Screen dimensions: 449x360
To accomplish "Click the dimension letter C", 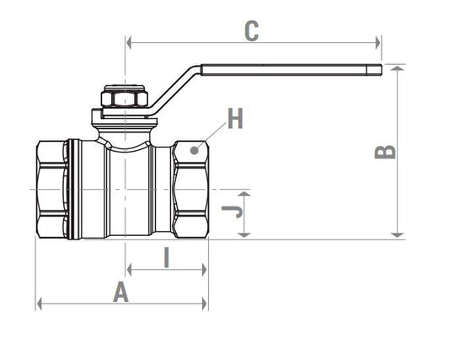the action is click(x=252, y=30).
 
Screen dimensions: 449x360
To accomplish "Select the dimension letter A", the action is click(x=120, y=292).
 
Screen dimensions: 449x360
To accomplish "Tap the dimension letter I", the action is click(x=166, y=258).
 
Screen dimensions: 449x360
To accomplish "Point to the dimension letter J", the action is click(x=233, y=212).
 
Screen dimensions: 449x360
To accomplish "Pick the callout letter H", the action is click(x=235, y=118).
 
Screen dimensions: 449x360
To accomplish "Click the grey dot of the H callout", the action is click(x=194, y=150).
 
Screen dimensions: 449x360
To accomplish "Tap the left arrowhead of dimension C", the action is click(x=129, y=43).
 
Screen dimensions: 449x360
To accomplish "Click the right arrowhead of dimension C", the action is click(x=378, y=43).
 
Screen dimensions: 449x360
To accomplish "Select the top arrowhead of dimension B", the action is click(x=397, y=68).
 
